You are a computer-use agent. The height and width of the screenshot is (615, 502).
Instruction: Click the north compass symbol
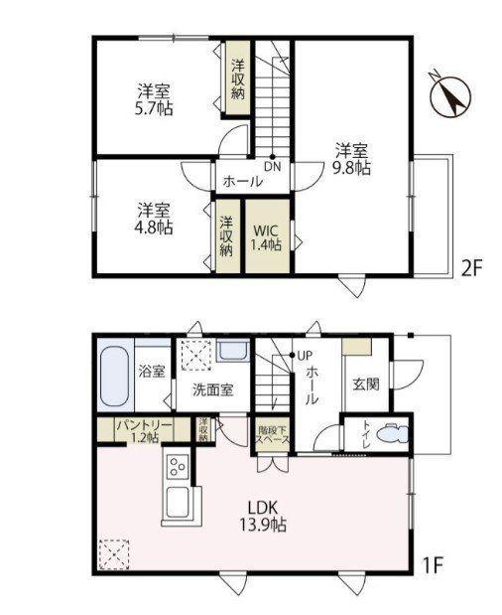[449, 96]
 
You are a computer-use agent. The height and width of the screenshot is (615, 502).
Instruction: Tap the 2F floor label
[470, 268]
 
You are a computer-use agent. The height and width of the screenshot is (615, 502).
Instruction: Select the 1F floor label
[434, 565]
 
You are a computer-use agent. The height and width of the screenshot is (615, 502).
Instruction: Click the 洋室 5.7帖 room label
[154, 99]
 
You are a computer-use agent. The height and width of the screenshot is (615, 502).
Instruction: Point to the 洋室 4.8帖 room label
[154, 219]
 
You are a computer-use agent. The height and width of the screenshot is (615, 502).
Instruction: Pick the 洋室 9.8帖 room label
[351, 159]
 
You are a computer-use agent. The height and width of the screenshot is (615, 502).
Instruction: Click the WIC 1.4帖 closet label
[266, 237]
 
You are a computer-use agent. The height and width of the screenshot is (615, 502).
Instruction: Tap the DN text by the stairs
[273, 167]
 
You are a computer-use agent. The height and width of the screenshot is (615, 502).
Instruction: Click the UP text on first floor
[305, 356]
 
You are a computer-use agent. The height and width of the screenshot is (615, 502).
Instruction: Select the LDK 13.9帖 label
[263, 517]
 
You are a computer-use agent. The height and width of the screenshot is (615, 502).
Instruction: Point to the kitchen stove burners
[178, 466]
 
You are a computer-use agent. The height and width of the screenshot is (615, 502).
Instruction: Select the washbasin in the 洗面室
[233, 350]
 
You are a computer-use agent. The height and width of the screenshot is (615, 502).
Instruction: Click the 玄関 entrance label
[366, 384]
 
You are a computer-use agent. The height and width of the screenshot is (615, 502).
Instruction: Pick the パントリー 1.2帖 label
[144, 430]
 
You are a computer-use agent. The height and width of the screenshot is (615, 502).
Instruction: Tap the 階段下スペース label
[273, 434]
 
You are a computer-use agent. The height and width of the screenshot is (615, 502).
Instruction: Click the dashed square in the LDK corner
[114, 554]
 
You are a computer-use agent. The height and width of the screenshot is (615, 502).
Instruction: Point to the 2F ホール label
[243, 182]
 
